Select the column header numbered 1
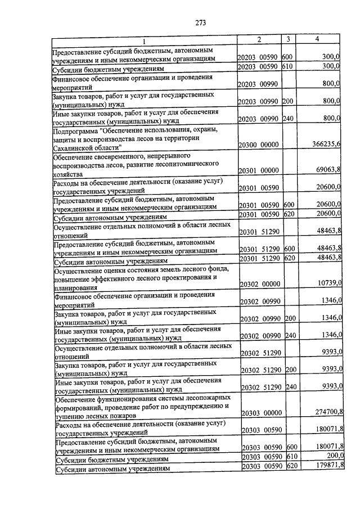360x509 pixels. point(143,41)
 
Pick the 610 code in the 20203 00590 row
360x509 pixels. point(287,66)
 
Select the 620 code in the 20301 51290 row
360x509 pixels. point(289,258)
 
